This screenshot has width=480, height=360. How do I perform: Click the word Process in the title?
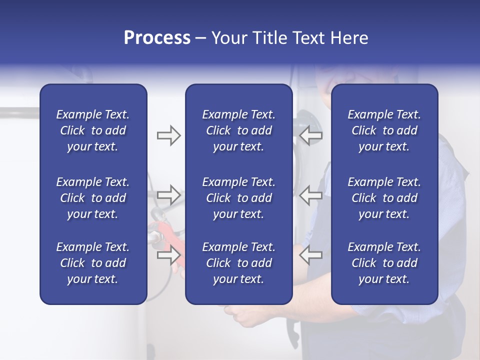pos(157,38)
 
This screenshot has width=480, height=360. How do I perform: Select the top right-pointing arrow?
pos(168,135)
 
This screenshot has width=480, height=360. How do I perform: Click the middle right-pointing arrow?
pos(168,194)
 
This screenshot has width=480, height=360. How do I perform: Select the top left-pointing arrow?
pos(310,135)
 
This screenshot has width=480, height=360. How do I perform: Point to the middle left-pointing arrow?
pos(310,194)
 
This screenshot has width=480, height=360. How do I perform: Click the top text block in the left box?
pos(93,130)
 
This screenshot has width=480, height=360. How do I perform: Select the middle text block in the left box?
pos(93,198)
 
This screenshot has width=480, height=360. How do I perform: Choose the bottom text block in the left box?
pos(93,263)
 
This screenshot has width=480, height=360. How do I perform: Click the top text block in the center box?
pos(239,130)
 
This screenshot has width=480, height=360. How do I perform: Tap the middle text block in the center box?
pos(239,198)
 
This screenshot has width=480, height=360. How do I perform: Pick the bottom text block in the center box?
pos(239,263)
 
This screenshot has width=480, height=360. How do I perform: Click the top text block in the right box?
pos(384,130)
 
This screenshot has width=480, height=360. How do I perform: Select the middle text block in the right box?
pos(384,198)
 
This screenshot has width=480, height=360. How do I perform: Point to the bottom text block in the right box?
pos(384,263)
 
